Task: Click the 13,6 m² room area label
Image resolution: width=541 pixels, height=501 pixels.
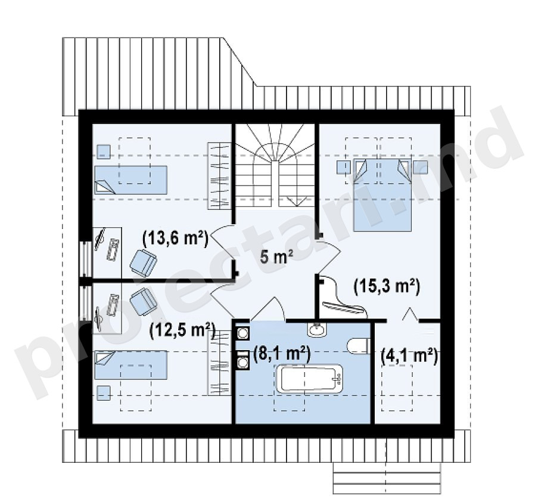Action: [175, 238]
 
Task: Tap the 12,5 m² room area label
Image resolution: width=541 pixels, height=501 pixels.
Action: [182, 331]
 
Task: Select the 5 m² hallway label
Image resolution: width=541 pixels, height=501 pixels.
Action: [276, 256]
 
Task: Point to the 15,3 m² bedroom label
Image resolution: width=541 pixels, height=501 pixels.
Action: [387, 287]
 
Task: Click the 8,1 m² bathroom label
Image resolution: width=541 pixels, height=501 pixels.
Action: [282, 353]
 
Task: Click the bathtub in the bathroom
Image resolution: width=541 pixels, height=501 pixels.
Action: [309, 378]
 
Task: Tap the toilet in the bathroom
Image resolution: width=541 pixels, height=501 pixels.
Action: [359, 347]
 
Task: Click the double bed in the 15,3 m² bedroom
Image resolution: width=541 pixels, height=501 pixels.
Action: [383, 195]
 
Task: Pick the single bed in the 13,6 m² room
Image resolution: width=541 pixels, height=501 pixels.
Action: [130, 180]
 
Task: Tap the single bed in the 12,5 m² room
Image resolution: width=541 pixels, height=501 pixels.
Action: [130, 365]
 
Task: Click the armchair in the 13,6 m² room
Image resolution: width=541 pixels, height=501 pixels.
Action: [143, 262]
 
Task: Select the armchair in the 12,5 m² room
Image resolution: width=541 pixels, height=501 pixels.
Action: [143, 301]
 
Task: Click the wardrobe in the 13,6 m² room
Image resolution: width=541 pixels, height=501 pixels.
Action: [219, 176]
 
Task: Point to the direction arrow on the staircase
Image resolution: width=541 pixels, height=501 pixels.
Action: [297, 201]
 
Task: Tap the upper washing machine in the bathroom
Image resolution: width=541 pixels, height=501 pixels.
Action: [243, 333]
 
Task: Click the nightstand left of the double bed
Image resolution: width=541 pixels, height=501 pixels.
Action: [344, 167]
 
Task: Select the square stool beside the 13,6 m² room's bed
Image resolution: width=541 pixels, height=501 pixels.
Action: [103, 151]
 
